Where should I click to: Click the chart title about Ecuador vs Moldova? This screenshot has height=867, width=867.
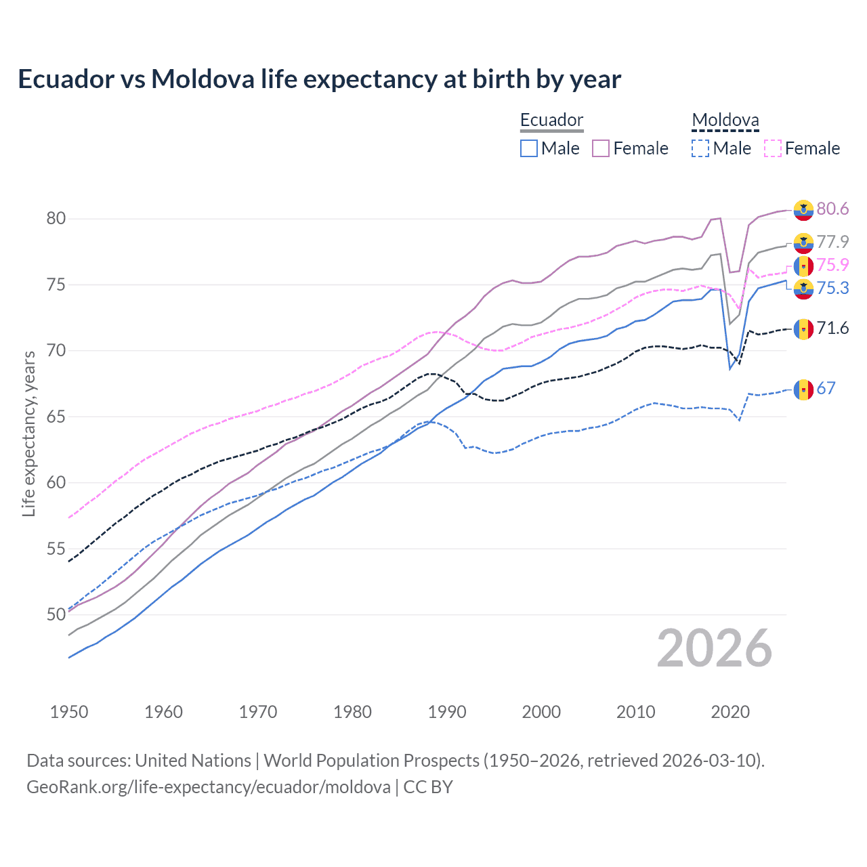click(x=319, y=79)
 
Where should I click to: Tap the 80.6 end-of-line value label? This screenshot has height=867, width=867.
click(x=832, y=209)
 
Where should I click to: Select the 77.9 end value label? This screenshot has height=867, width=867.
click(x=832, y=242)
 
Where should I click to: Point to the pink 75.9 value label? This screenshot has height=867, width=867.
click(x=832, y=265)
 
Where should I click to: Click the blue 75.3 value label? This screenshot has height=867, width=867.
click(x=832, y=289)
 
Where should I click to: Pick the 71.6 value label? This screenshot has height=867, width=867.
click(x=832, y=329)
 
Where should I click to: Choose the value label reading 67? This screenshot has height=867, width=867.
click(x=826, y=389)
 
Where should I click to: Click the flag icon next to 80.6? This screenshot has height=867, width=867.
click(x=803, y=210)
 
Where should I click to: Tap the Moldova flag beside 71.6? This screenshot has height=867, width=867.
click(x=803, y=329)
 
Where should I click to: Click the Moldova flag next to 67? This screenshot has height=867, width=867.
click(x=803, y=389)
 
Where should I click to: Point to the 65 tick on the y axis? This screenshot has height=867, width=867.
click(x=56, y=417)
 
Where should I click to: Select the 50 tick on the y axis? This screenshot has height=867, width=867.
click(x=56, y=614)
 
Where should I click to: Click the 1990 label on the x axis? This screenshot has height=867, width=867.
click(x=447, y=712)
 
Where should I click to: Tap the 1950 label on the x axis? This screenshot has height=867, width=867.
click(x=69, y=712)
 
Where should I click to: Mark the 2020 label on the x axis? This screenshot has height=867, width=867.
click(x=730, y=712)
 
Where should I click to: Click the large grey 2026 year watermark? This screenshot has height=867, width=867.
click(x=714, y=648)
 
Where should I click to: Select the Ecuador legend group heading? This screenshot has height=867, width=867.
click(x=551, y=121)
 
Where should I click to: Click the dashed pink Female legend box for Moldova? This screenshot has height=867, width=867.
click(x=773, y=148)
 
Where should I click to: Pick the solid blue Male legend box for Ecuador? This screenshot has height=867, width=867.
click(x=529, y=148)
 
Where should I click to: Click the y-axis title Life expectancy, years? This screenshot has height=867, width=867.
click(x=28, y=433)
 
